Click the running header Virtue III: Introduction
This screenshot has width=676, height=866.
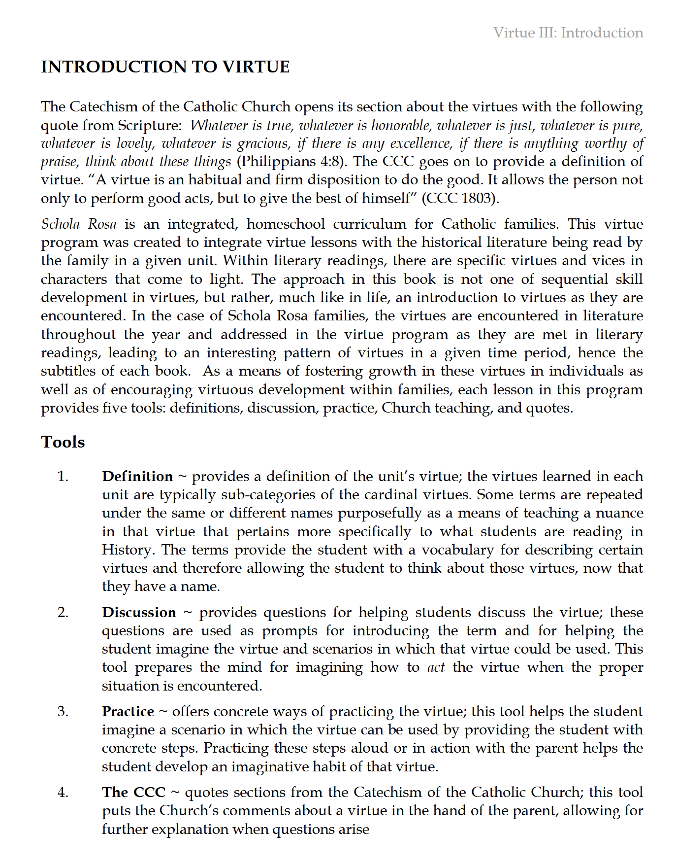568,33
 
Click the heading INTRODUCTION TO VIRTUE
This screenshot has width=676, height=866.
165,67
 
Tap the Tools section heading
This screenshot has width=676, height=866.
63,442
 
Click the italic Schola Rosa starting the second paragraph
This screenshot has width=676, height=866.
79,224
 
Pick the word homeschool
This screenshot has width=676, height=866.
286,224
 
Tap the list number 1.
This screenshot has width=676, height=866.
63,477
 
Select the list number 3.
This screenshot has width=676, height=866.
63,711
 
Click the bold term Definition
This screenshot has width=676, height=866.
137,477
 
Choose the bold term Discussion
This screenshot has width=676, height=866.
139,613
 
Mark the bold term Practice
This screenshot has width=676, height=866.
128,712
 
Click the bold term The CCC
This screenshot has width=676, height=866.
133,793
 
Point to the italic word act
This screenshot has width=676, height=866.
436,668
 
